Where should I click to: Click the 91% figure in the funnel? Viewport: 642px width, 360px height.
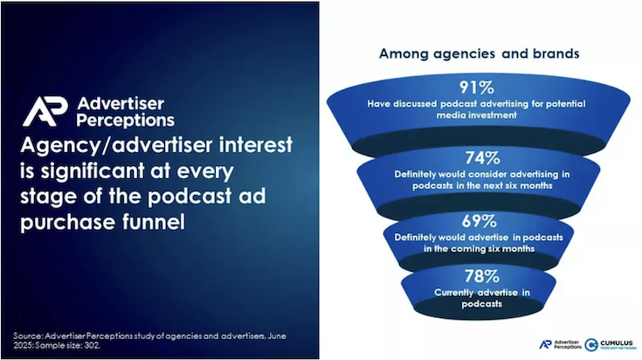[x=477, y=87]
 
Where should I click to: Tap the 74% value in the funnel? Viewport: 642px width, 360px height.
[x=482, y=157]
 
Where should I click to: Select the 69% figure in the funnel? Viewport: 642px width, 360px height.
[x=479, y=221]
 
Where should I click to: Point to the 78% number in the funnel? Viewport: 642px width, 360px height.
[x=481, y=276]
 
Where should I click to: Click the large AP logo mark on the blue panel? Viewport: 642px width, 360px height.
[x=45, y=111]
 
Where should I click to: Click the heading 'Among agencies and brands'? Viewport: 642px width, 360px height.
[x=479, y=53]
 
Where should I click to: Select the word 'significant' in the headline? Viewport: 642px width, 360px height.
[x=92, y=171]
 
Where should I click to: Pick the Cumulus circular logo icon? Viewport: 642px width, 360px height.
[x=590, y=345]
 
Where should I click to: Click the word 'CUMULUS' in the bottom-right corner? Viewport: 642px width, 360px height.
[x=617, y=343]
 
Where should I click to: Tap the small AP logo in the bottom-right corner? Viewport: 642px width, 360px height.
[x=545, y=344]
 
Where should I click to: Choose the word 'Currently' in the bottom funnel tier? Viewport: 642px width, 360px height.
[x=452, y=293]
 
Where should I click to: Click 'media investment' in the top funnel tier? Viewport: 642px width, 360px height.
[x=477, y=115]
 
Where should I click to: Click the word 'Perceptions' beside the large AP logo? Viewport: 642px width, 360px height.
[x=125, y=121]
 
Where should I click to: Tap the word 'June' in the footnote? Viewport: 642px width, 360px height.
[x=277, y=336]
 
